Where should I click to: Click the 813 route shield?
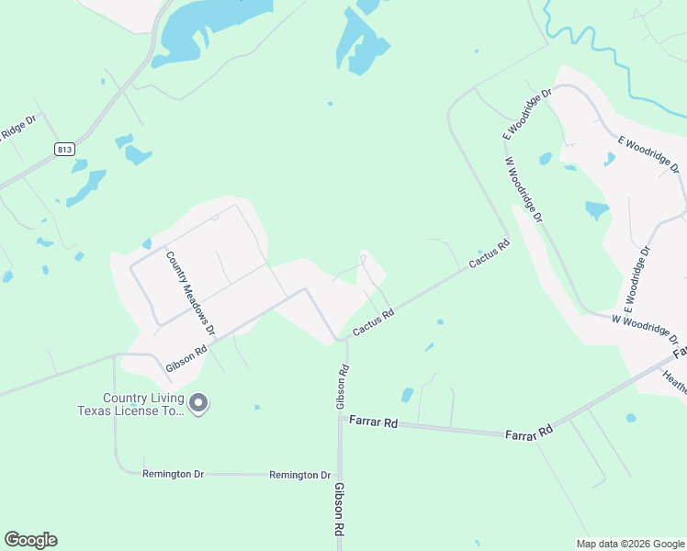pyautogui.click(x=63, y=149)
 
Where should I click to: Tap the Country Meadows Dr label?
pyautogui.click(x=190, y=293)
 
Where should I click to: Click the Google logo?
pyautogui.click(x=30, y=540)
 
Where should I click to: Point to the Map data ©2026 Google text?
pyautogui.click(x=630, y=544)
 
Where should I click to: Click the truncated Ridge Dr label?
pyautogui.click(x=17, y=129)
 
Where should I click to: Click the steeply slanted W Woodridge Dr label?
pyautogui.click(x=524, y=189)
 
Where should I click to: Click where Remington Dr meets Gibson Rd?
pyautogui.click(x=340, y=475)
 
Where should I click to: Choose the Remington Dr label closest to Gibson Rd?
pyautogui.click(x=299, y=475)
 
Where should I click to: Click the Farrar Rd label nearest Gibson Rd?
pyautogui.click(x=373, y=423)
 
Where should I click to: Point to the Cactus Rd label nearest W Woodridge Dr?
pyautogui.click(x=490, y=254)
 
